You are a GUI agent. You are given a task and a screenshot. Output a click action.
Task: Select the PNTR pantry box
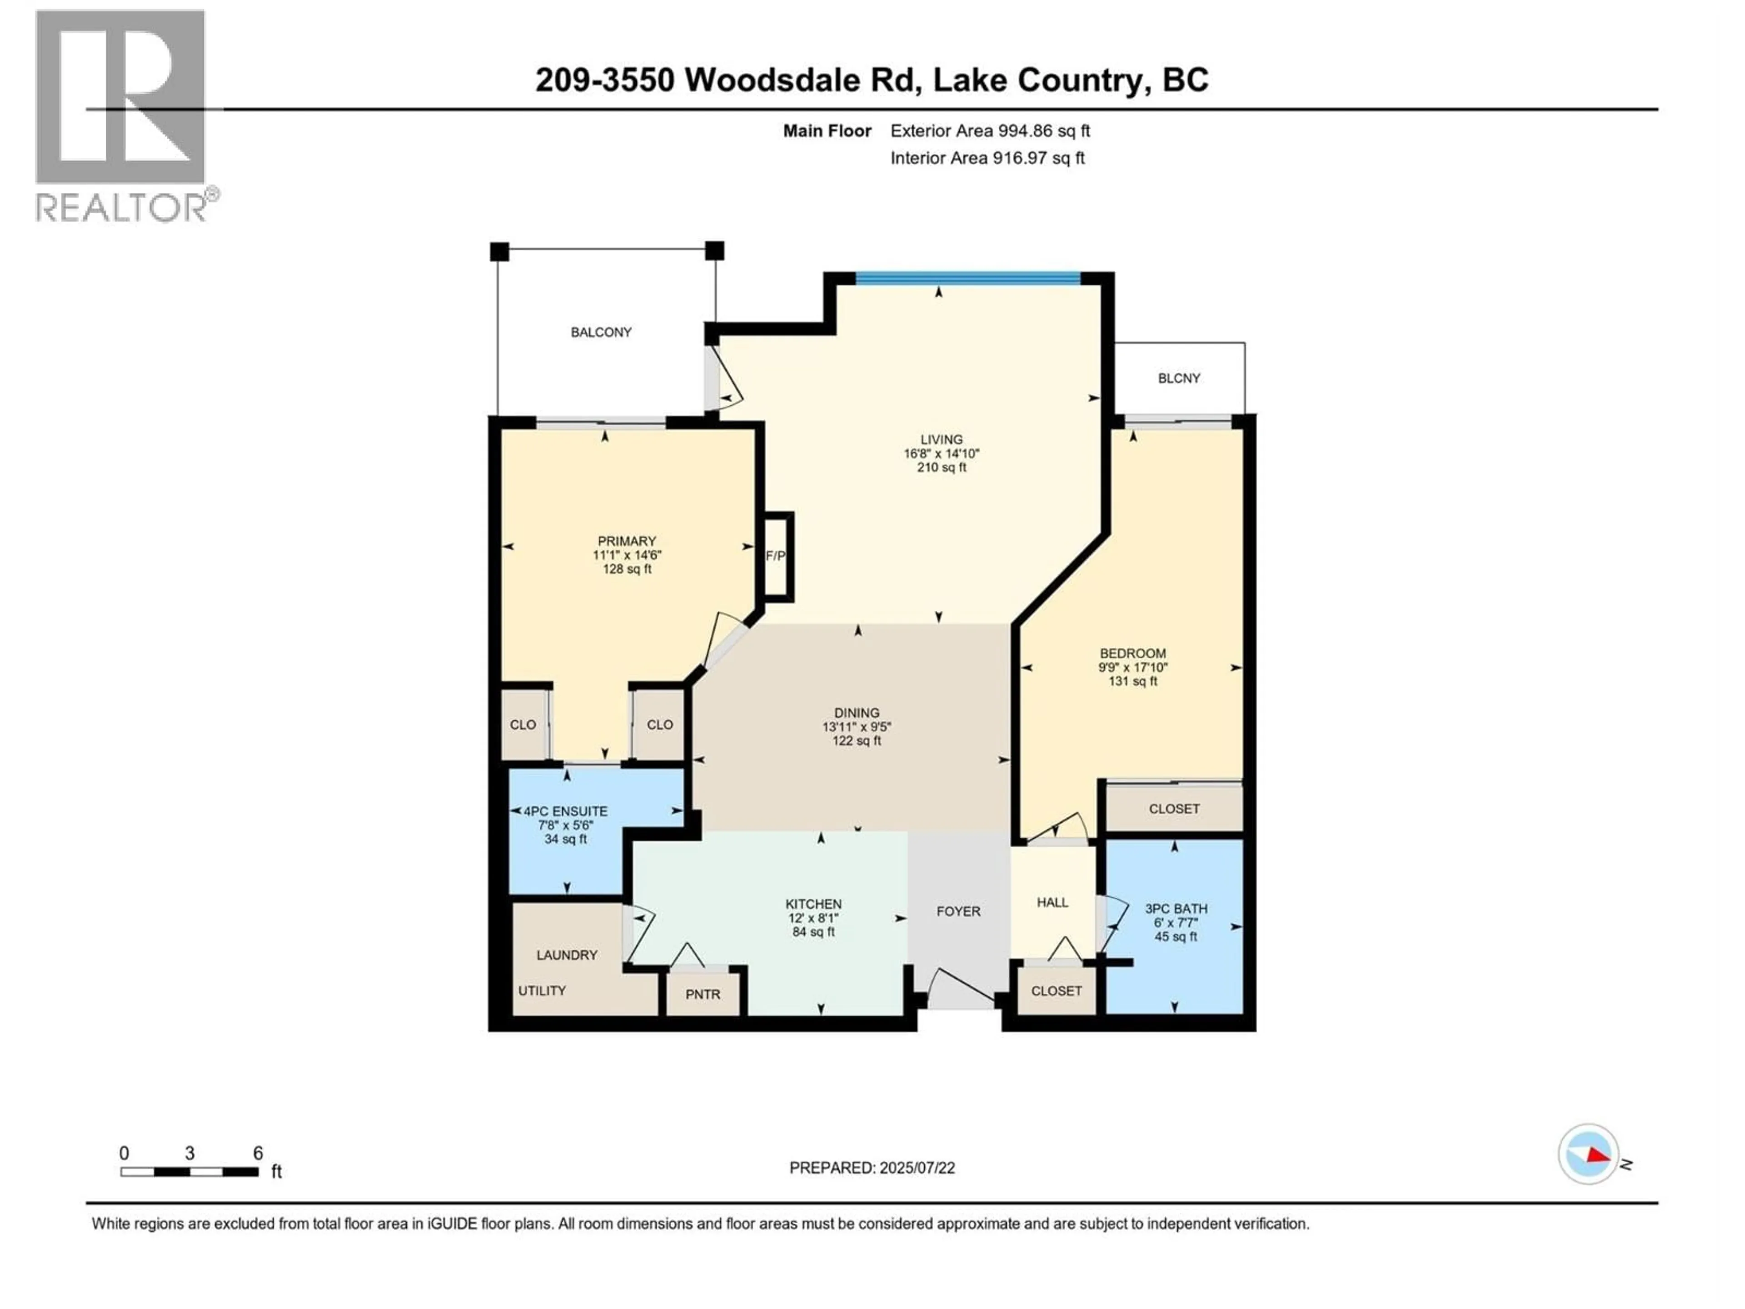[702, 994]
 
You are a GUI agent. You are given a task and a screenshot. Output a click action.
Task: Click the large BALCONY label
[601, 332]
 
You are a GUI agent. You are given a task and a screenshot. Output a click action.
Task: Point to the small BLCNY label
[1179, 379]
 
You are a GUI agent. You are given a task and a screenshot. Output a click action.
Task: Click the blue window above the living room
[968, 278]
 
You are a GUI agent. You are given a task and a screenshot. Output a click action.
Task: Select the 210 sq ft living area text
[941, 468]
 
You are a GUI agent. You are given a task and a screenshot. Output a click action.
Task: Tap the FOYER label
[958, 911]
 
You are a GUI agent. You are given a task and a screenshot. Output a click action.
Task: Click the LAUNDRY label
[566, 955]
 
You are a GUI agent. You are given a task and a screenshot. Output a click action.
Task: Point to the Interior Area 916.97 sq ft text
[987, 158]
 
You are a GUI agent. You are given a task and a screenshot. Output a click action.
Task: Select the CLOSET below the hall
[1056, 991]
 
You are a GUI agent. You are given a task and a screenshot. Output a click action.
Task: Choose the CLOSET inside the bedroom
[1174, 809]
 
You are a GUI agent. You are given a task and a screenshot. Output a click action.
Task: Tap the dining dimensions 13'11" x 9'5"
[857, 727]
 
